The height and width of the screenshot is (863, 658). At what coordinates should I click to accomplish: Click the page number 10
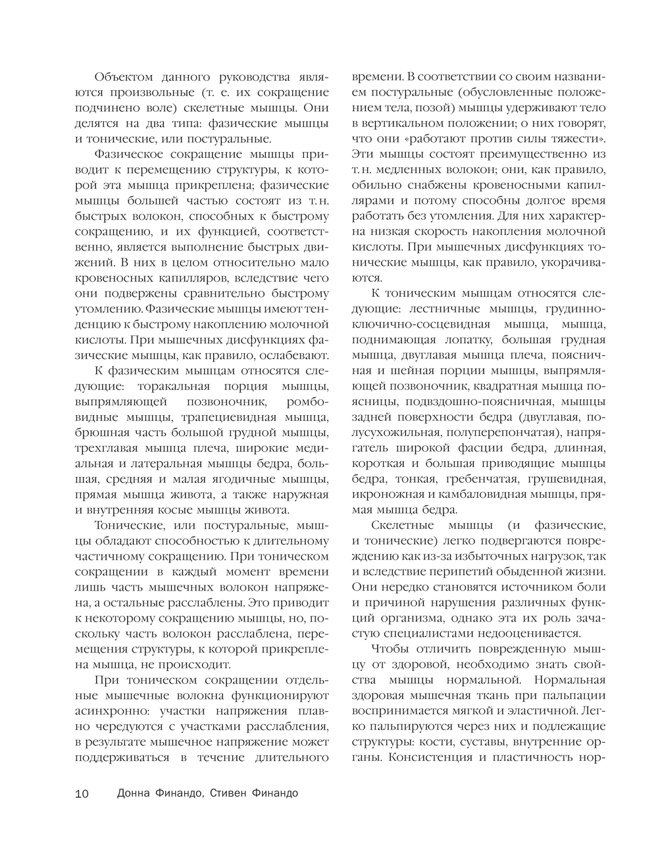[82, 793]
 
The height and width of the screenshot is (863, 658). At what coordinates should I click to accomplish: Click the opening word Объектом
[124, 77]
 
